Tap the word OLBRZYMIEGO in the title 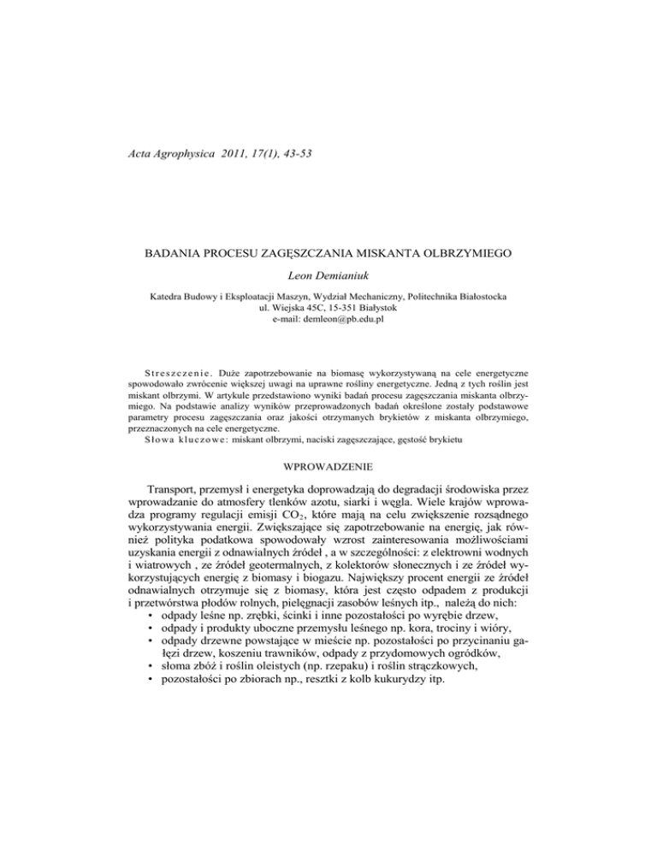pos(463,254)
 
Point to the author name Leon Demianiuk pos(328,276)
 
